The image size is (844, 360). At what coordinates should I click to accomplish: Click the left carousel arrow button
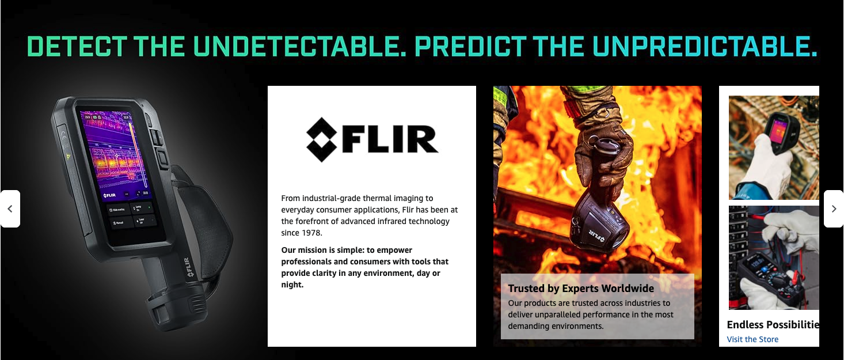click(x=10, y=209)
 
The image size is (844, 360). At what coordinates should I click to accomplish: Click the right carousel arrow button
click(x=834, y=209)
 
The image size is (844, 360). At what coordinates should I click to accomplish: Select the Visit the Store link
click(x=752, y=339)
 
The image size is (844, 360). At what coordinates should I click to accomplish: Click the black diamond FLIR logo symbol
click(x=321, y=139)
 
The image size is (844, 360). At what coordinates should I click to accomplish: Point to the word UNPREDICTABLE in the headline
click(x=705, y=47)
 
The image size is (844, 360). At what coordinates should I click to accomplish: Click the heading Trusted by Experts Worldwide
click(x=581, y=289)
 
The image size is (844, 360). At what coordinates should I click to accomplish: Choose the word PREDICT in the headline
click(x=470, y=47)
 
